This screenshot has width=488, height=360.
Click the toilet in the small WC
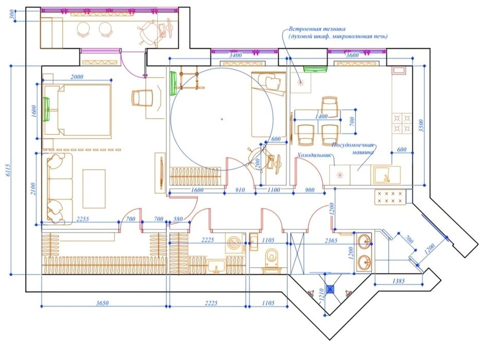coord(270,257)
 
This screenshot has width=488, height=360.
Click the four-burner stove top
coord(402,124)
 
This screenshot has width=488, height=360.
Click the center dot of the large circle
coord(221,119)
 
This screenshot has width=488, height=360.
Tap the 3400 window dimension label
coord(236,55)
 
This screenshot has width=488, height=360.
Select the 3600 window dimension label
coord(353,55)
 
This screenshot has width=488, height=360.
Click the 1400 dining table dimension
coord(322,117)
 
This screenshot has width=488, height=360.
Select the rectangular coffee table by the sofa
coord(94,188)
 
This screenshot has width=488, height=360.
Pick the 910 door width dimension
coord(239,190)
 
